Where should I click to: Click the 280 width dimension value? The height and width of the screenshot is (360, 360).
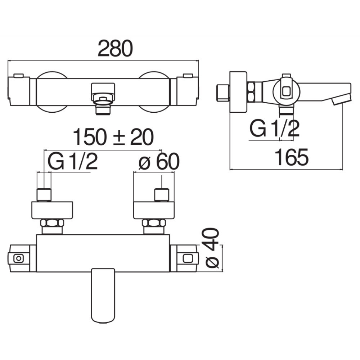coord(115,49)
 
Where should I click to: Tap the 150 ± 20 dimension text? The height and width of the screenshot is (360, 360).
coord(113,137)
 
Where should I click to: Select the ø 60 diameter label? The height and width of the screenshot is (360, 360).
coord(159,161)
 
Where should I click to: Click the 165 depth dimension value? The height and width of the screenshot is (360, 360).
coord(292,157)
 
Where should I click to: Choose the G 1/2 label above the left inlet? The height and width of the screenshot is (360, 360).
coord(73,161)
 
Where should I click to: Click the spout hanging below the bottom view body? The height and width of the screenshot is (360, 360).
coord(103,296)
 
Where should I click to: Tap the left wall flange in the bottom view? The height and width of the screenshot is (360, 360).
coord(52,210)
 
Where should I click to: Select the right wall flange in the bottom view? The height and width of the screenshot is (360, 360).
coord(154,210)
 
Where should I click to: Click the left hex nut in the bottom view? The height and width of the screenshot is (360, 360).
coord(52,223)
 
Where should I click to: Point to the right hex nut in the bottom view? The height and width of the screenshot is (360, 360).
coord(154,223)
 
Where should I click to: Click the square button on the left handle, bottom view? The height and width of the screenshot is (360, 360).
coord(18,258)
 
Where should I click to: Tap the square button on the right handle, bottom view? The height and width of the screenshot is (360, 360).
coord(188,258)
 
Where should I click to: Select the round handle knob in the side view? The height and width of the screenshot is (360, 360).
coord(286,91)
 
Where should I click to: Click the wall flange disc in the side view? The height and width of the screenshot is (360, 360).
coord(238,92)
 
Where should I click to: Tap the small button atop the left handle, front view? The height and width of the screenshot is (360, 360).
coord(19,76)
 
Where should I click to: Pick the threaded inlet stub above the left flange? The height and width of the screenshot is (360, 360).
coord(44,195)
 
